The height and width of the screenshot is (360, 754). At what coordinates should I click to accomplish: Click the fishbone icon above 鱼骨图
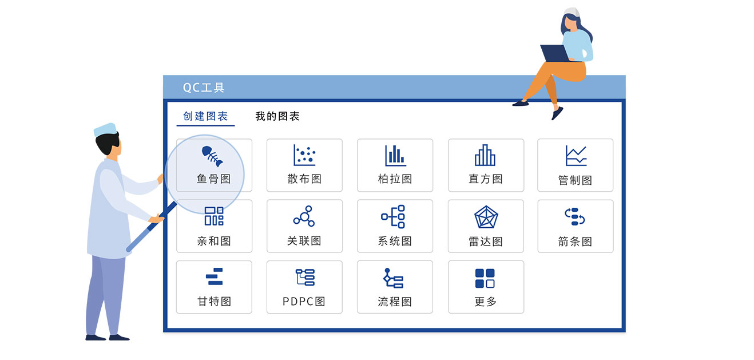pos(212,156)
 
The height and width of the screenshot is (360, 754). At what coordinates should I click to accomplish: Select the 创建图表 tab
pos(205,116)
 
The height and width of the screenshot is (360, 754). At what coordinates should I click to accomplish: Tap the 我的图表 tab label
pos(277,116)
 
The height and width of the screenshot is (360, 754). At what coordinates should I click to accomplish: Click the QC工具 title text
pos(203,88)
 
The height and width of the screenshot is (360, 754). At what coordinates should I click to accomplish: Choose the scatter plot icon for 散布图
pos(304,155)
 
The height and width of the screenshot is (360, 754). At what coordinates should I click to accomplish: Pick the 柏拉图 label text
pos(395,179)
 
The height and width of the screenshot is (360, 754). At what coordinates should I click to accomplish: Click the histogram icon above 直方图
pos(485,155)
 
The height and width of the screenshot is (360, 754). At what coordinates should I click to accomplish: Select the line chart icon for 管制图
pos(576,156)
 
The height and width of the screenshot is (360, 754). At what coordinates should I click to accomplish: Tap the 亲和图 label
pos(214,241)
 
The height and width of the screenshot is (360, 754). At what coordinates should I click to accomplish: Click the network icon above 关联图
pos(304,216)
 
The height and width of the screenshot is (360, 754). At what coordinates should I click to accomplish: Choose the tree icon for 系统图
pos(393,216)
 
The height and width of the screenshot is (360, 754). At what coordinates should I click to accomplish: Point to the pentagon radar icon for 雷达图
pos(486,217)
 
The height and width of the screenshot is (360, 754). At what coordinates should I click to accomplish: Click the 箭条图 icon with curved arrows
pos(575,216)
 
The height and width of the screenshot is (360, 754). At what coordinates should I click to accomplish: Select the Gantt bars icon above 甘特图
pos(215,276)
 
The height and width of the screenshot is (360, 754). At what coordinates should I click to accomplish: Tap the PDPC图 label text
pos(304,302)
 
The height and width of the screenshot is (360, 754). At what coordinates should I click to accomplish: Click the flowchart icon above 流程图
pos(393,278)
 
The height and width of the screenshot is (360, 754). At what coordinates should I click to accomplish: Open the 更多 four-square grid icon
pos(485,278)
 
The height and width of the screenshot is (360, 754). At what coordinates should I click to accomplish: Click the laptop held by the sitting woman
pos(555,54)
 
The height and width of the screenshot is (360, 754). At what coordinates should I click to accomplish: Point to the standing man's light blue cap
pos(105,130)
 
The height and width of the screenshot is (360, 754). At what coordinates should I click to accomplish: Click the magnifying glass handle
pos(152,227)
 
